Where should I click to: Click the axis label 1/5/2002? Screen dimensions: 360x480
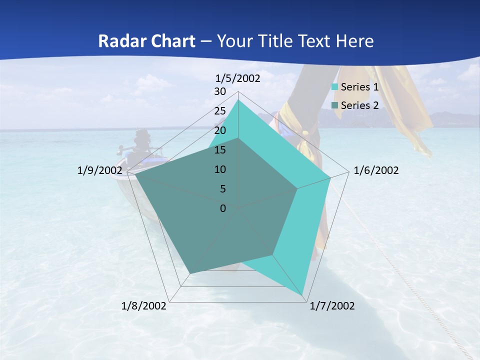tap(237, 78)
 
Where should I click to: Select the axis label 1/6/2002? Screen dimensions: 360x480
tap(376, 170)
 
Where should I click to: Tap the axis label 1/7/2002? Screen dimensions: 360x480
tap(332, 306)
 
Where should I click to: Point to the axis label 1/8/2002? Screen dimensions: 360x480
tap(144, 306)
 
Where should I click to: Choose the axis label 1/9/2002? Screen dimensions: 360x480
tap(99, 170)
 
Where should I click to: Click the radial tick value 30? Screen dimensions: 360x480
tap(220, 91)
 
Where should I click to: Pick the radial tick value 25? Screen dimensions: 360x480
tap(220, 111)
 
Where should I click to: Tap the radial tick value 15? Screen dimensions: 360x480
tap(220, 150)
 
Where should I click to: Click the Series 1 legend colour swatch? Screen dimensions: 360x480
tap(335, 87)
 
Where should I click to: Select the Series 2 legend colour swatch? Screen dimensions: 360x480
tap(335, 105)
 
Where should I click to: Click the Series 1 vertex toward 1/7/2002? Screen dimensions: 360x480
tap(303, 295)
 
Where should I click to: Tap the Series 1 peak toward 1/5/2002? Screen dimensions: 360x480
tap(238, 100)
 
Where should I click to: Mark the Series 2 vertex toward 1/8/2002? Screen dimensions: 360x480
tap(190, 273)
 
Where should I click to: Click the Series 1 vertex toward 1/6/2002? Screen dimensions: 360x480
tap(330, 177)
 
